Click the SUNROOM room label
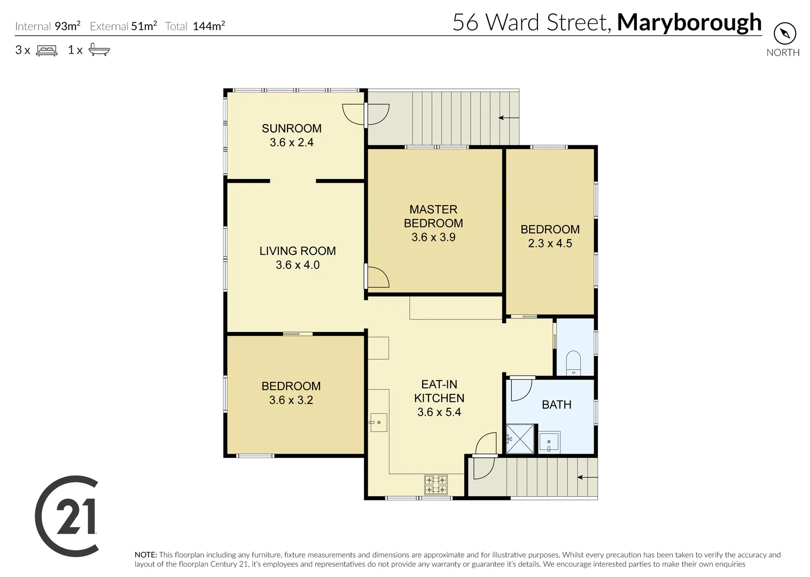pos(291,128)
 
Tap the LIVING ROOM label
pos(298,251)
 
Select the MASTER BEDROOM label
pos(433,216)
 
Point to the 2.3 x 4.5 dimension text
pos(550,244)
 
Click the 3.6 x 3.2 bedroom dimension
pos(291,400)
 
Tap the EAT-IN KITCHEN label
pos(439,391)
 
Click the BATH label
pos(556,405)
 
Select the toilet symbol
pos(573,362)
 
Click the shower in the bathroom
pos(520,439)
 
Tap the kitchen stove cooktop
pos(436,485)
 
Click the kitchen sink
pos(378,423)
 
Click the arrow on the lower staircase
pos(587,477)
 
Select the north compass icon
pos(784,34)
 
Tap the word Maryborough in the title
pos(689,22)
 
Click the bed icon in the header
pos(46,50)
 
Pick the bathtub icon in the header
pos(99,50)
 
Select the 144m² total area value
pos(208,26)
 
